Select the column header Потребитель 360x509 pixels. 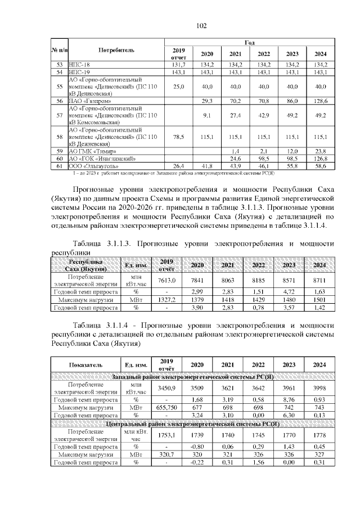(115, 50)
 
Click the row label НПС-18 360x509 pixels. (79, 65)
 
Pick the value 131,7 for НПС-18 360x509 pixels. (178, 65)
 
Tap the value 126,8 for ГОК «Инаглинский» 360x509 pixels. (321, 159)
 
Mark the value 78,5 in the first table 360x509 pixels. (178, 136)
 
